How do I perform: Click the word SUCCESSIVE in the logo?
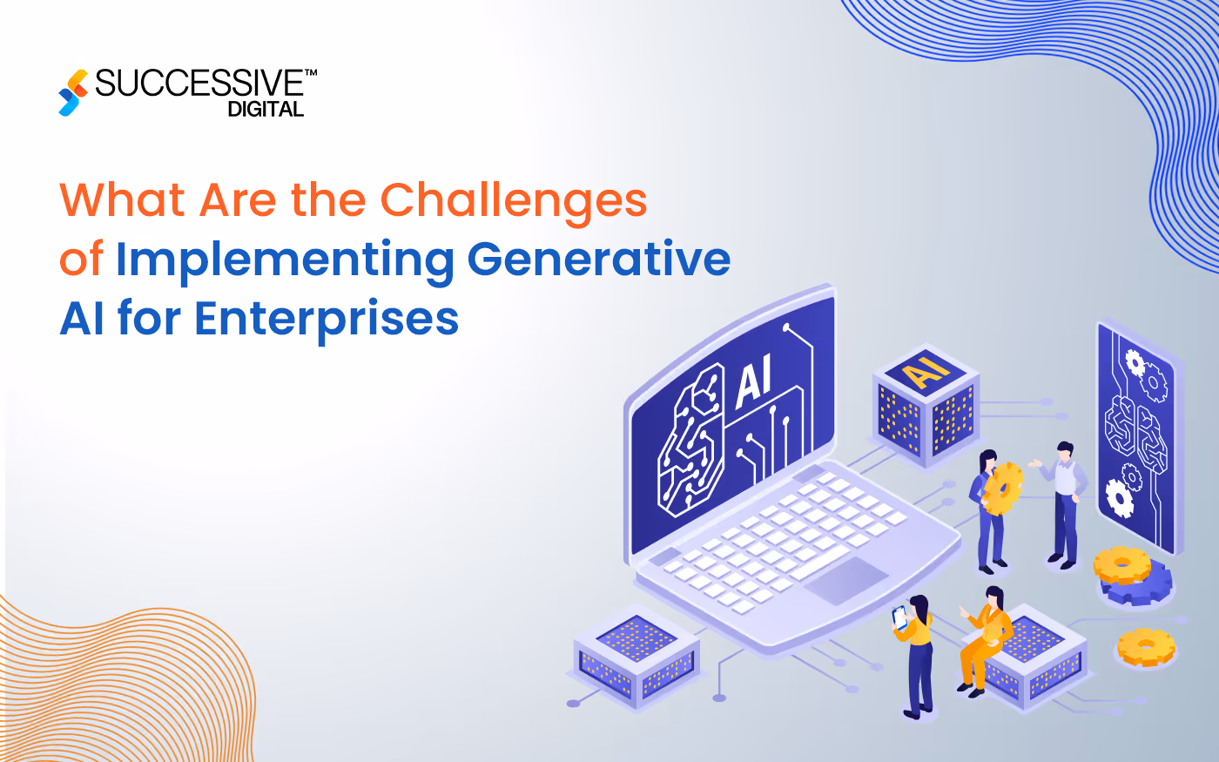point(199,84)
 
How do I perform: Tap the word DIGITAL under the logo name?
point(266,110)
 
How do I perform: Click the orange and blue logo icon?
point(73,92)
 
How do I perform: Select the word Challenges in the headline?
point(513,201)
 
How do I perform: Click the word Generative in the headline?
point(598,259)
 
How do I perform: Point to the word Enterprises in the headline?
point(327,318)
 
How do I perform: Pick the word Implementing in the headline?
point(285,260)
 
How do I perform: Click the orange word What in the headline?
point(123,199)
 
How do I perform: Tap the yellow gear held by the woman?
point(1003,489)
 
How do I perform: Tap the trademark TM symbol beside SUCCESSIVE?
point(310,74)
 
